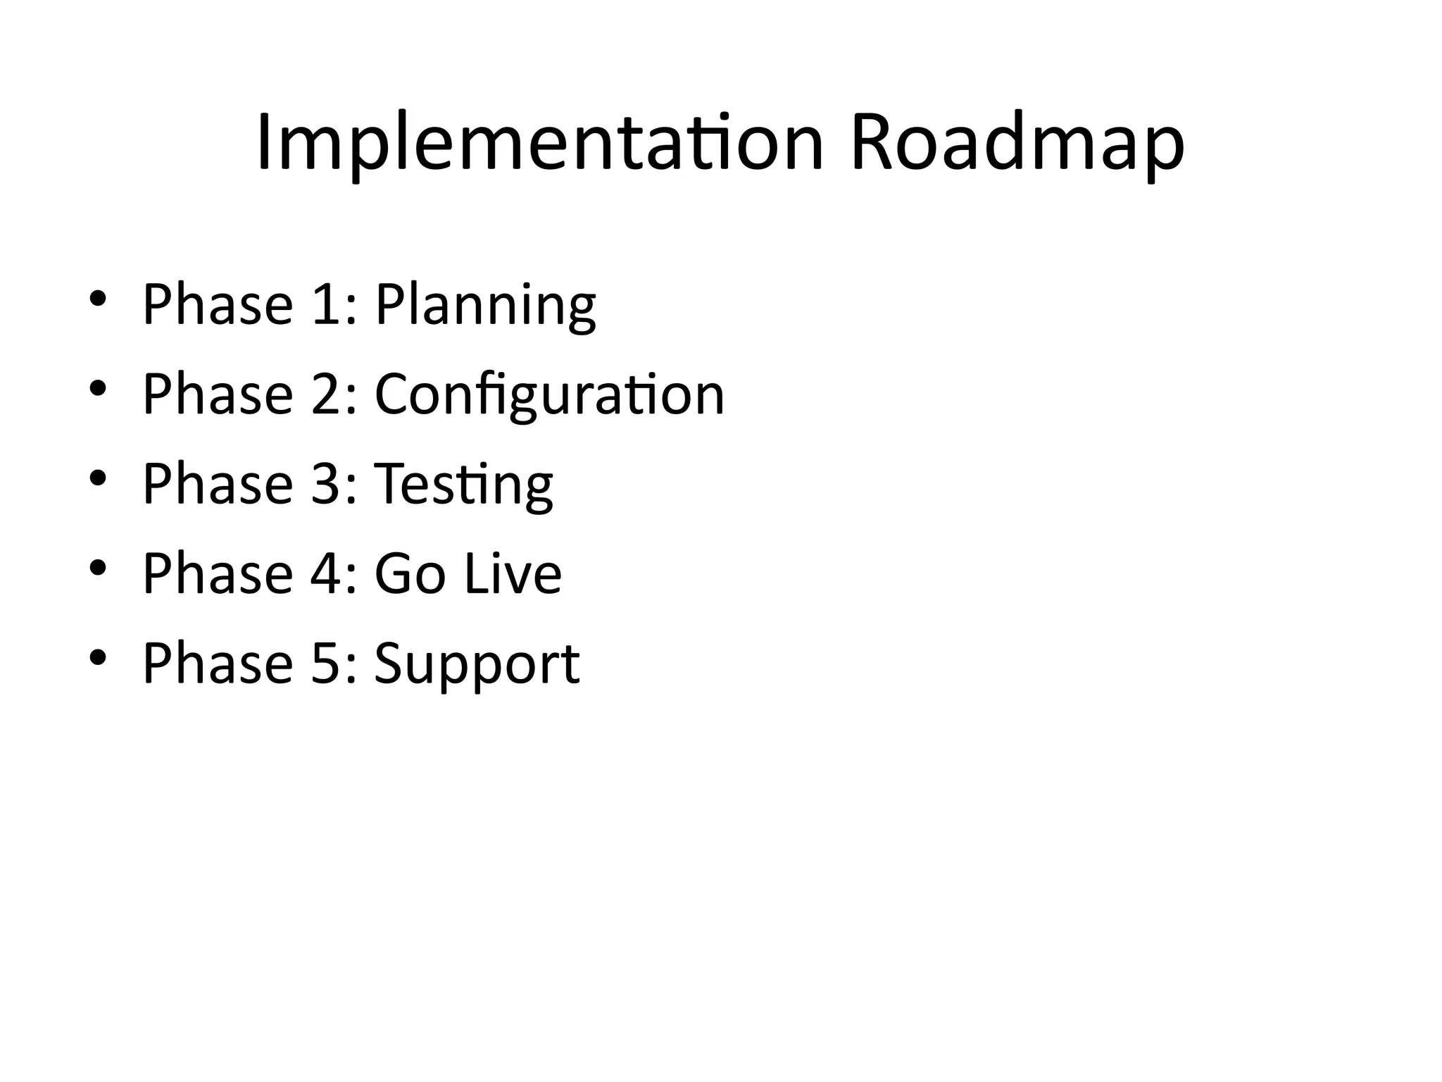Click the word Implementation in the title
(539, 144)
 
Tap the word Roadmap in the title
(1017, 144)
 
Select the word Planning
(485, 305)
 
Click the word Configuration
(549, 394)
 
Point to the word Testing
(463, 485)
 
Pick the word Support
(477, 664)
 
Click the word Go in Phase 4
(410, 573)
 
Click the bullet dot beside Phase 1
(98, 298)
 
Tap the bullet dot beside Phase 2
(98, 387)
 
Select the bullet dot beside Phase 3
(98, 478)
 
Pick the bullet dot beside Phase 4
(98, 567)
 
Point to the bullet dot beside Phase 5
(98, 657)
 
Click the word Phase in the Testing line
(218, 484)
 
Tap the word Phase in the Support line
(218, 664)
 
